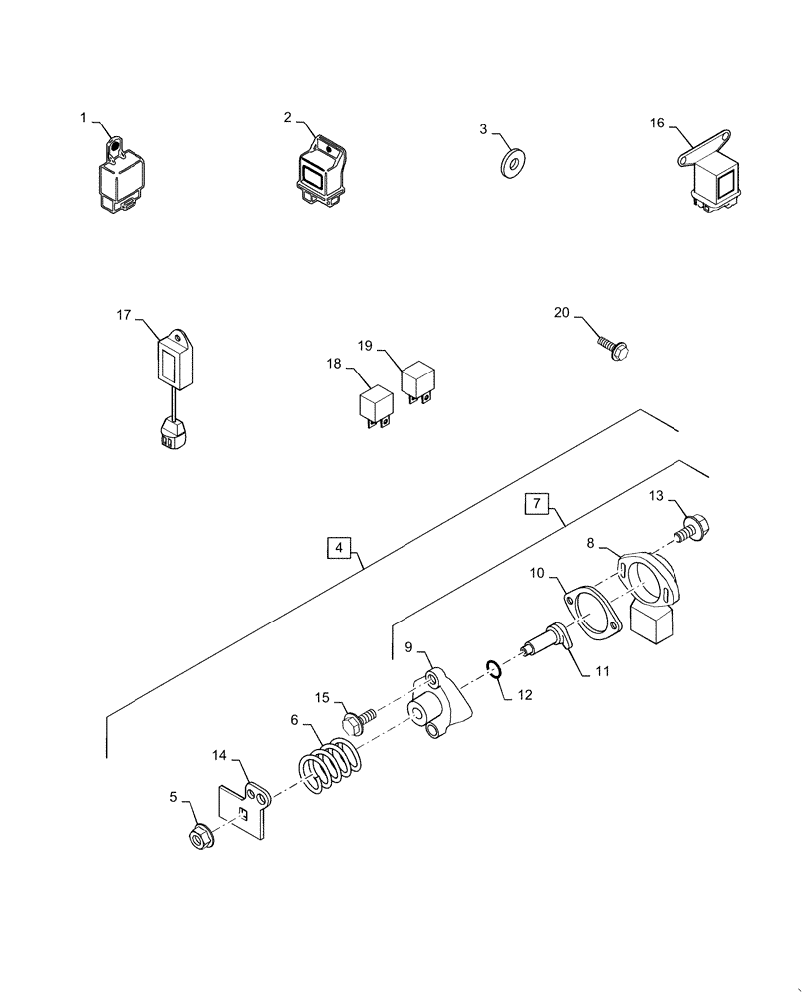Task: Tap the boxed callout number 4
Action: click(339, 547)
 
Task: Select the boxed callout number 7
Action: click(535, 504)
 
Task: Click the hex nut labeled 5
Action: click(198, 835)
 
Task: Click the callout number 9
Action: click(407, 647)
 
